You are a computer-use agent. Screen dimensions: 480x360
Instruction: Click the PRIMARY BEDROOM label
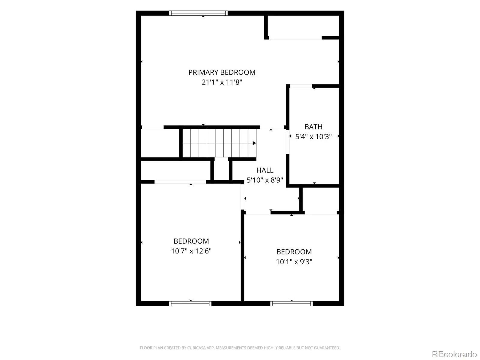(x=222, y=72)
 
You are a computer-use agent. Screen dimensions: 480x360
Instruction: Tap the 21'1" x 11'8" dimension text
(x=222, y=82)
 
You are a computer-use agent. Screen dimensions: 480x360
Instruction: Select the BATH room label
(x=313, y=127)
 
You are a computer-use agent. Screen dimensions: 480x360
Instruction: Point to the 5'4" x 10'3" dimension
(x=313, y=136)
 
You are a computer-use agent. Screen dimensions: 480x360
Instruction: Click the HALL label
(x=265, y=170)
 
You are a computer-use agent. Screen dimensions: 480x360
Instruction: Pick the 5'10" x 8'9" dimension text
(x=265, y=180)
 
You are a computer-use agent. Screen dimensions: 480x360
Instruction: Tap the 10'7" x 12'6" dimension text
(x=191, y=251)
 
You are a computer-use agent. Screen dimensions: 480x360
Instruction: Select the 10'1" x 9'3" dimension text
(x=294, y=262)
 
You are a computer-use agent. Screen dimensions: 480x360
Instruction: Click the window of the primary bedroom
(x=198, y=13)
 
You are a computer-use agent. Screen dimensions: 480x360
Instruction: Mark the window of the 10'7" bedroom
(x=190, y=304)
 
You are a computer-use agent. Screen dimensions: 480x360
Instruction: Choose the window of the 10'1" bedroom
(x=292, y=304)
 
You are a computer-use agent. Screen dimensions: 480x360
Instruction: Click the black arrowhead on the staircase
(x=254, y=143)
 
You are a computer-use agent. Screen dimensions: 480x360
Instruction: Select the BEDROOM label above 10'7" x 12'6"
(x=191, y=241)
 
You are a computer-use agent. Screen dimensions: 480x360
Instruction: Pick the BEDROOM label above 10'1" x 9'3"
(x=294, y=252)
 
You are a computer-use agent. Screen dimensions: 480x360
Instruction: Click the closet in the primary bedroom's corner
(x=303, y=26)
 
